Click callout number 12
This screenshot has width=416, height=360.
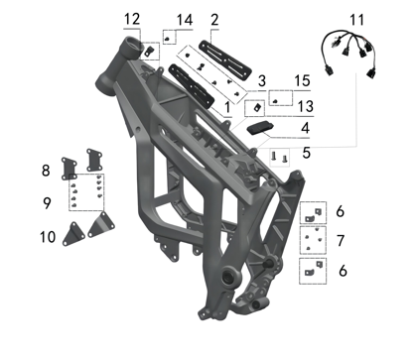(132, 19)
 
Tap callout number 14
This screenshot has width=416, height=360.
(185, 20)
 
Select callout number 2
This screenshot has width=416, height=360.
(214, 20)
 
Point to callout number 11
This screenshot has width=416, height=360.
(356, 20)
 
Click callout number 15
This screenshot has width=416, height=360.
(302, 80)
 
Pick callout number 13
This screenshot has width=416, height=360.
(305, 106)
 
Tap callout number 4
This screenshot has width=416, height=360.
(305, 128)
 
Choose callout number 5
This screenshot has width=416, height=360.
(307, 153)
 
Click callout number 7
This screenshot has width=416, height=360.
(341, 240)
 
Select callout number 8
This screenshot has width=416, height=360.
(46, 171)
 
